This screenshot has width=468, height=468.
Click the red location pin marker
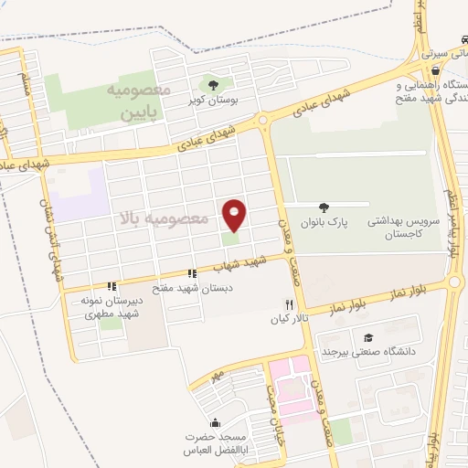click(x=235, y=216)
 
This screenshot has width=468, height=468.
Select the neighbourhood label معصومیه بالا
click(x=165, y=219)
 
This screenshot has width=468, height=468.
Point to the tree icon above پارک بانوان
click(x=324, y=207)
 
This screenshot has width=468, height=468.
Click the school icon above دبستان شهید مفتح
click(x=192, y=273)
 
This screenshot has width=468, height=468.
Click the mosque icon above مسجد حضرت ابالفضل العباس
click(x=214, y=422)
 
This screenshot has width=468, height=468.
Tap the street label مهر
click(x=215, y=374)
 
